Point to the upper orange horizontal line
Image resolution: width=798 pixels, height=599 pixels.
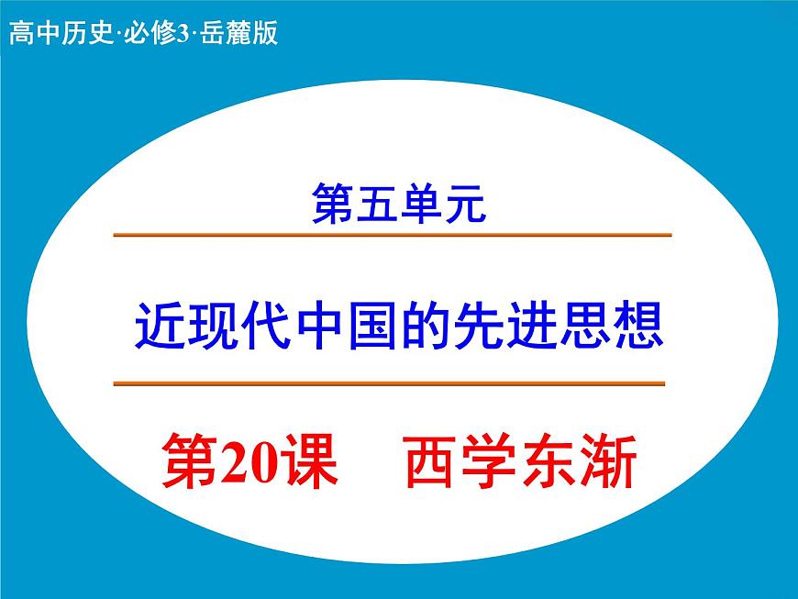click(393, 236)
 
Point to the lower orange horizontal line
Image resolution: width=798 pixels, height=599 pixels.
click(389, 383)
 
